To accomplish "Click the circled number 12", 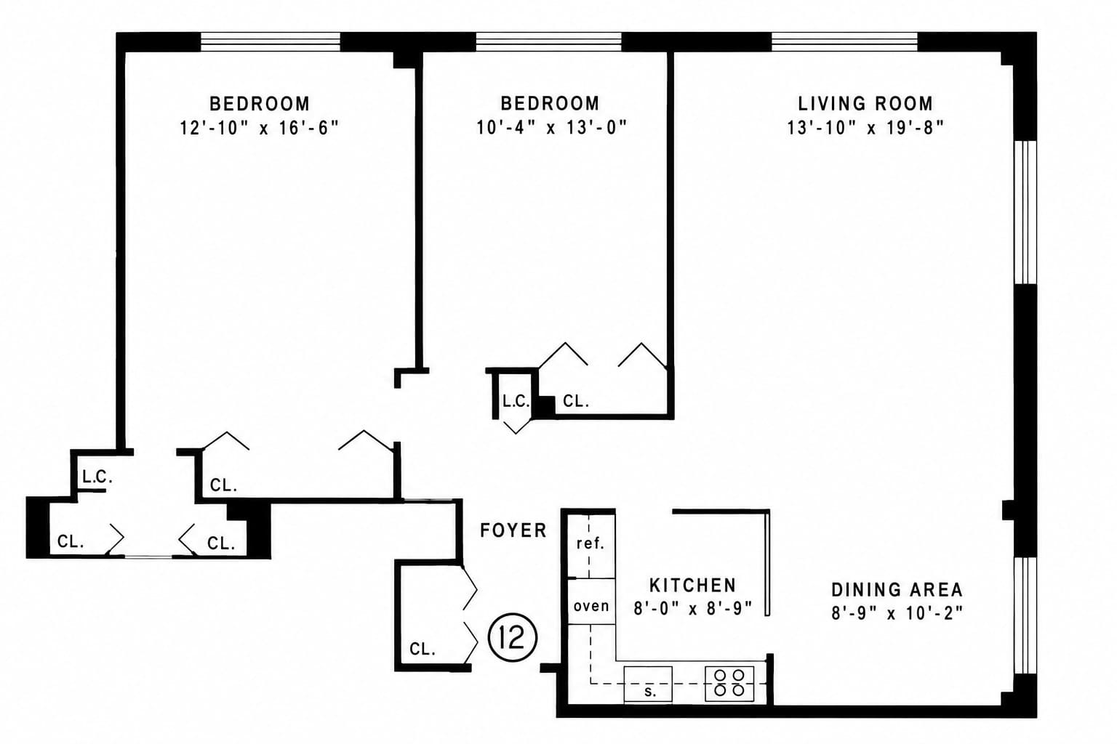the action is point(512,637).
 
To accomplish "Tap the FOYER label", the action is point(513,530).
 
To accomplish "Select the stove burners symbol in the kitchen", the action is point(729,683).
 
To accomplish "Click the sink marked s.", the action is point(648,684).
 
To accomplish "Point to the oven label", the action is point(591,606).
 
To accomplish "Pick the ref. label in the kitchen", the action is point(590,543).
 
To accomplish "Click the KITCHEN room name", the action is point(692,585).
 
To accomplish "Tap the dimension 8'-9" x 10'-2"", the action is point(897,613).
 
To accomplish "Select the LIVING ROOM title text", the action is point(865,104).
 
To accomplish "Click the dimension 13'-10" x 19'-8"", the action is point(865,128).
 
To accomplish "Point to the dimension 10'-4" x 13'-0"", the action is point(551,128).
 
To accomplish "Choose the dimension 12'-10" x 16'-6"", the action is point(260,128).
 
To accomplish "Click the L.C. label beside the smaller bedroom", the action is point(516,402).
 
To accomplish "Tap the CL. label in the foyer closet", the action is point(423,649).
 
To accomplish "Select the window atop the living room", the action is point(845,42).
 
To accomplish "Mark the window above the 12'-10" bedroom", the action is point(271,42).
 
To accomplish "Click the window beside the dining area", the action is point(1025,615).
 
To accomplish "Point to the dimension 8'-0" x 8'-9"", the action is point(692,608).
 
